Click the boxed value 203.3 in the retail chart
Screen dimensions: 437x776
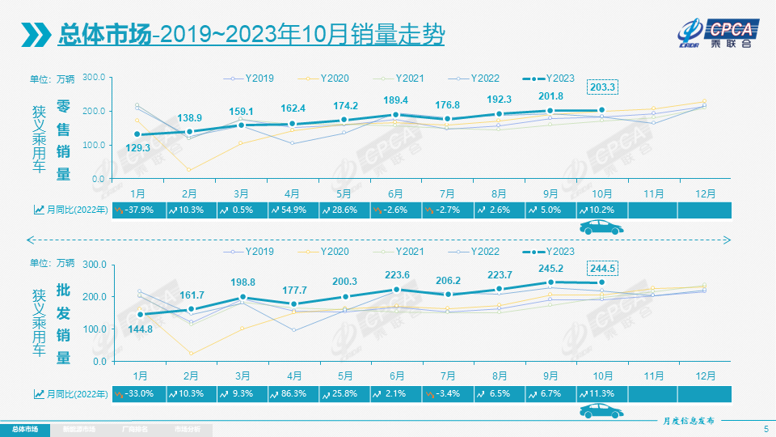603,87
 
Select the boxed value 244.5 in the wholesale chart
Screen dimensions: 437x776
603,269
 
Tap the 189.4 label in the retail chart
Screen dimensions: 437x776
395,100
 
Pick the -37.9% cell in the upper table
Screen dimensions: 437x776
138,210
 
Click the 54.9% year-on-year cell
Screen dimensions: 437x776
293,210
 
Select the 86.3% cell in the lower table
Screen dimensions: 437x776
293,393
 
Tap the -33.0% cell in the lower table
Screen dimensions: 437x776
138,393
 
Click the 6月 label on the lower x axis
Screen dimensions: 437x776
395,375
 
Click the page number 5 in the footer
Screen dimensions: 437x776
765,428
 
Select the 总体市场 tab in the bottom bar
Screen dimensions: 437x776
25,428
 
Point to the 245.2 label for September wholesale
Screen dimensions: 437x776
550,269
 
